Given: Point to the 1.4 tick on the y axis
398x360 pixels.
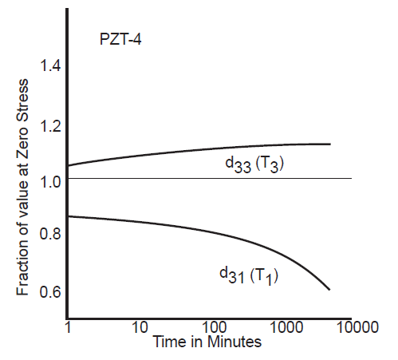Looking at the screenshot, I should (x=51, y=66).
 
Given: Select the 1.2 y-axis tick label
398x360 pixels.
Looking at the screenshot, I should (x=51, y=125).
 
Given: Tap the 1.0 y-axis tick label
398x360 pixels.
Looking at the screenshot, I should (x=51, y=181).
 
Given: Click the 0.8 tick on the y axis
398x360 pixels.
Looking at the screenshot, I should (x=51, y=235).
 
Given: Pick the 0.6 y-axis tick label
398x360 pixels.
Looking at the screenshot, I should (x=51, y=291).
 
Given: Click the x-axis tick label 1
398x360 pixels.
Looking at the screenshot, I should (x=68, y=327).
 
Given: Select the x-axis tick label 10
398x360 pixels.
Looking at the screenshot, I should (x=140, y=327).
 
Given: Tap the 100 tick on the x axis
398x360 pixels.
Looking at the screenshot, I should (x=212, y=327).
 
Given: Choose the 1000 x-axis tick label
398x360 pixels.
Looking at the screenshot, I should (x=283, y=327).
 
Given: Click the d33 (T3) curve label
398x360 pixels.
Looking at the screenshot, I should (x=254, y=165).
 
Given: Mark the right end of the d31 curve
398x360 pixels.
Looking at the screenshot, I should (x=329, y=289).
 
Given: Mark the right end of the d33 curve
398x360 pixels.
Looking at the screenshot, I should (x=329, y=144).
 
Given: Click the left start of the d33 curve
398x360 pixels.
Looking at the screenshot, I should (x=69, y=166).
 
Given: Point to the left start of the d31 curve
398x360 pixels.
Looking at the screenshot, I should (x=69, y=216).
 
